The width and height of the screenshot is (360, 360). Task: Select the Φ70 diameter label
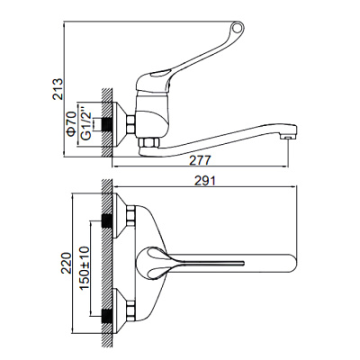[76, 121]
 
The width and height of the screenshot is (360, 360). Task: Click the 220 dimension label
[64, 261]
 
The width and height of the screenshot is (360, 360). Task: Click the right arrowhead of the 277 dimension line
[288, 167]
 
